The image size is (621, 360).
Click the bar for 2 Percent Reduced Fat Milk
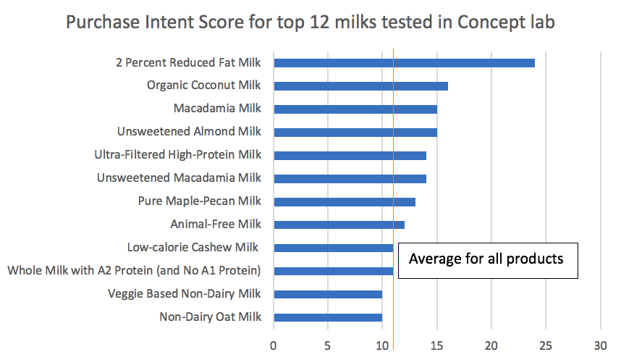[405, 63]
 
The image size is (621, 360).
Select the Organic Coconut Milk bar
[360, 86]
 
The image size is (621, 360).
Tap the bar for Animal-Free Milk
[339, 225]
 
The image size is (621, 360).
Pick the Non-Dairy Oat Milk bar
[328, 317]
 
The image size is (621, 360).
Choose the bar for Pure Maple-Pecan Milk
[345, 202]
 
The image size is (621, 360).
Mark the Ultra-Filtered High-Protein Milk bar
[350, 156]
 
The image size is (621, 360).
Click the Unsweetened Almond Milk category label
[189, 131]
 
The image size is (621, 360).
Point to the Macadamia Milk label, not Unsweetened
[217, 108]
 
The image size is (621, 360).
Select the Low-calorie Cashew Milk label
[193, 248]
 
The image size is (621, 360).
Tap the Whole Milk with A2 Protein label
[134, 270]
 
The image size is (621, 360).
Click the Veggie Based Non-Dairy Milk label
[184, 294]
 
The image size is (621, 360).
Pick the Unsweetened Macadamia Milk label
[179, 177]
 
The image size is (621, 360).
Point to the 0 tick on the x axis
[274, 346]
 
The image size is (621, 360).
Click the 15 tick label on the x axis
[437, 346]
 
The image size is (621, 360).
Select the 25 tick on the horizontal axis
[546, 346]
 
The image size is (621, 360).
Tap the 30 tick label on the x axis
[601, 346]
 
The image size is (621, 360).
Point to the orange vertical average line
[393, 199]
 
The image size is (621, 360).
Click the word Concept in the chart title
[491, 22]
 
